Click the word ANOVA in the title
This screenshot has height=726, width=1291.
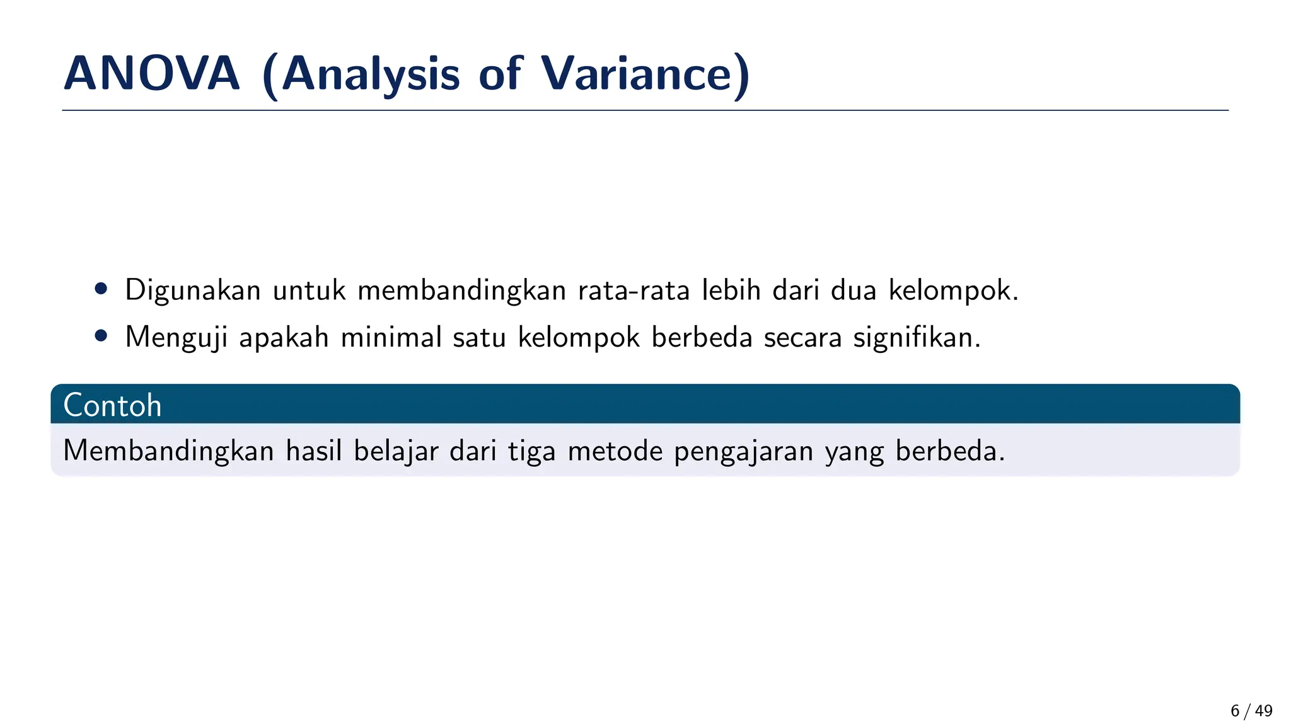point(152,74)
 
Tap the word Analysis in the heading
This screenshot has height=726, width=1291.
point(370,75)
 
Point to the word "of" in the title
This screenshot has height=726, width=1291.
point(501,74)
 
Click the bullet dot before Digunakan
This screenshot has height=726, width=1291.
point(101,289)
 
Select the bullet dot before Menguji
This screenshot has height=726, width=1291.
point(101,335)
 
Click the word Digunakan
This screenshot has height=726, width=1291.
point(193,291)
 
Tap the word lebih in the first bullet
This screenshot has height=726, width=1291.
point(731,290)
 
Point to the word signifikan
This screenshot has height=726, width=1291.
point(917,338)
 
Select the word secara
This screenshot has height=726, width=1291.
point(802,338)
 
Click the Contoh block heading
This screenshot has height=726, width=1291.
point(113,405)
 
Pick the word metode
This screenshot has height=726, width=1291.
point(615,451)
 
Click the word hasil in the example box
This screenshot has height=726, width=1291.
point(314,451)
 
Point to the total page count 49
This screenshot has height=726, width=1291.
point(1263,711)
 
